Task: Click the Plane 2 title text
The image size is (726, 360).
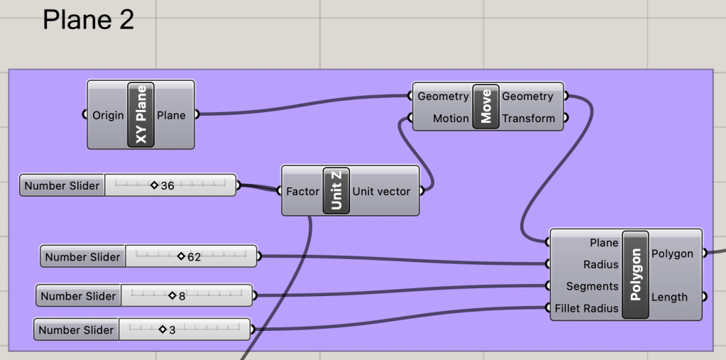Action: click(88, 20)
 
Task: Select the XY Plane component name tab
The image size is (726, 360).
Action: click(141, 115)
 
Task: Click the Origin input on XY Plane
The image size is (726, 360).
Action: click(108, 115)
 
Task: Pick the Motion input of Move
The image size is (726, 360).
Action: click(451, 119)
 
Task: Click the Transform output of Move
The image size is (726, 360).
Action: click(528, 119)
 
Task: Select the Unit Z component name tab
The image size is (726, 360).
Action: click(336, 191)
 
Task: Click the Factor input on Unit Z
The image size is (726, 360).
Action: click(302, 191)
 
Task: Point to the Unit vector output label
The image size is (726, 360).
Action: click(381, 191)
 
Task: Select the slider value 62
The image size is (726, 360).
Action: click(194, 256)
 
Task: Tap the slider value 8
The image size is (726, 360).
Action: click(182, 295)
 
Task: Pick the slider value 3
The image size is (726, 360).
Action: click(172, 329)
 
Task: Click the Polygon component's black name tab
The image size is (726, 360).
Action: click(635, 275)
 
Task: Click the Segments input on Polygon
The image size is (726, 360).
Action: click(592, 286)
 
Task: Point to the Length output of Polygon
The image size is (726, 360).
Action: click(669, 297)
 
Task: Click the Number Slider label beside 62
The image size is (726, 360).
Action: click(83, 256)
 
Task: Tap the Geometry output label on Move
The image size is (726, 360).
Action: click(527, 96)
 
